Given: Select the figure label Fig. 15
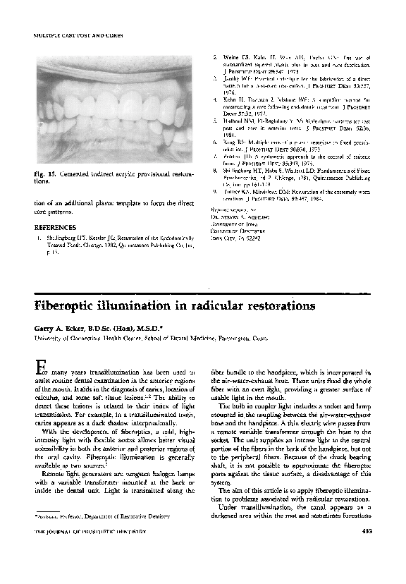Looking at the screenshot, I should click(x=45, y=174).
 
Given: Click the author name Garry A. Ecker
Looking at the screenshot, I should click(x=63, y=329).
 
